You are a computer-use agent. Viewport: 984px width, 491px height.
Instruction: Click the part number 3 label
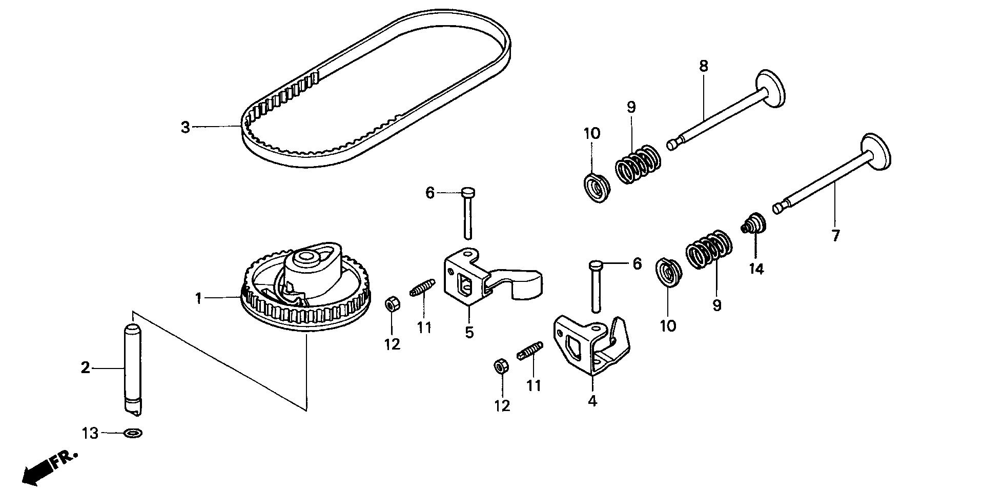(x=186, y=127)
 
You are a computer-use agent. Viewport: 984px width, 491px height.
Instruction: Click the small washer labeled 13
(x=133, y=434)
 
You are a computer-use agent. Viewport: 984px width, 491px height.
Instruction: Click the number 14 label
(x=756, y=269)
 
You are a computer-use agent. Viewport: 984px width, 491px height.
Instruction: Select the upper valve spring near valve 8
(x=638, y=163)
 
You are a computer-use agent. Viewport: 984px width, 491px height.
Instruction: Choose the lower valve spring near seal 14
(x=709, y=249)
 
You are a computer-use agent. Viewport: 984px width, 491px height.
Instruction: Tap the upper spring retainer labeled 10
(x=596, y=187)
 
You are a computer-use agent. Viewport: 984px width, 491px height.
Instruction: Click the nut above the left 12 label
(x=392, y=305)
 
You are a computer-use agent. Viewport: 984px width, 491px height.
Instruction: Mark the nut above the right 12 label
(x=501, y=366)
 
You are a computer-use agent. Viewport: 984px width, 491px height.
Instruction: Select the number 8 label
(x=703, y=66)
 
